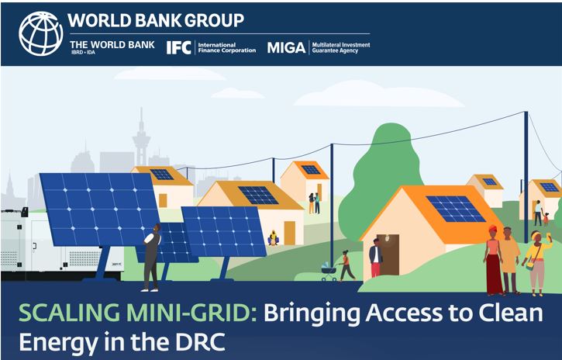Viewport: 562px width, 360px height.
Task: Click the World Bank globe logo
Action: pyautogui.click(x=40, y=33)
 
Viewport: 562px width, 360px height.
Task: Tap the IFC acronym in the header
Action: pyautogui.click(x=178, y=47)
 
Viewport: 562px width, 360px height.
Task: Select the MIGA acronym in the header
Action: pyautogui.click(x=286, y=47)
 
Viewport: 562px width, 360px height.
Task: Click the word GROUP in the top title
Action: pyautogui.click(x=214, y=20)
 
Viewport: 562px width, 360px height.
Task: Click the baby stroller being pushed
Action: pyautogui.click(x=329, y=272)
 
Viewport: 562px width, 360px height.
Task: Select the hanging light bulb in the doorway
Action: pyautogui.click(x=386, y=238)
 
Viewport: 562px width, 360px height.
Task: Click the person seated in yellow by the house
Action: pyautogui.click(x=274, y=237)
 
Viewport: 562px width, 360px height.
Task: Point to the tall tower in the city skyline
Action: pyautogui.click(x=141, y=137)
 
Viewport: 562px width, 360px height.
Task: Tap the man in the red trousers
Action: pyautogui.click(x=375, y=258)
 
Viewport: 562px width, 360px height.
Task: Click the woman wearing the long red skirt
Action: pyautogui.click(x=494, y=260)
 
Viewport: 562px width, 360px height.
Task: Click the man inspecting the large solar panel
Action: pyautogui.click(x=152, y=257)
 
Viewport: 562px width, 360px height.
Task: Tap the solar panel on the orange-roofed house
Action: pyautogui.click(x=456, y=209)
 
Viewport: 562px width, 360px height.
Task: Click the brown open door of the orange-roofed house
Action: pyautogui.click(x=388, y=255)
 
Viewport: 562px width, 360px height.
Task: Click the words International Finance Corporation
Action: pyautogui.click(x=227, y=47)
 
